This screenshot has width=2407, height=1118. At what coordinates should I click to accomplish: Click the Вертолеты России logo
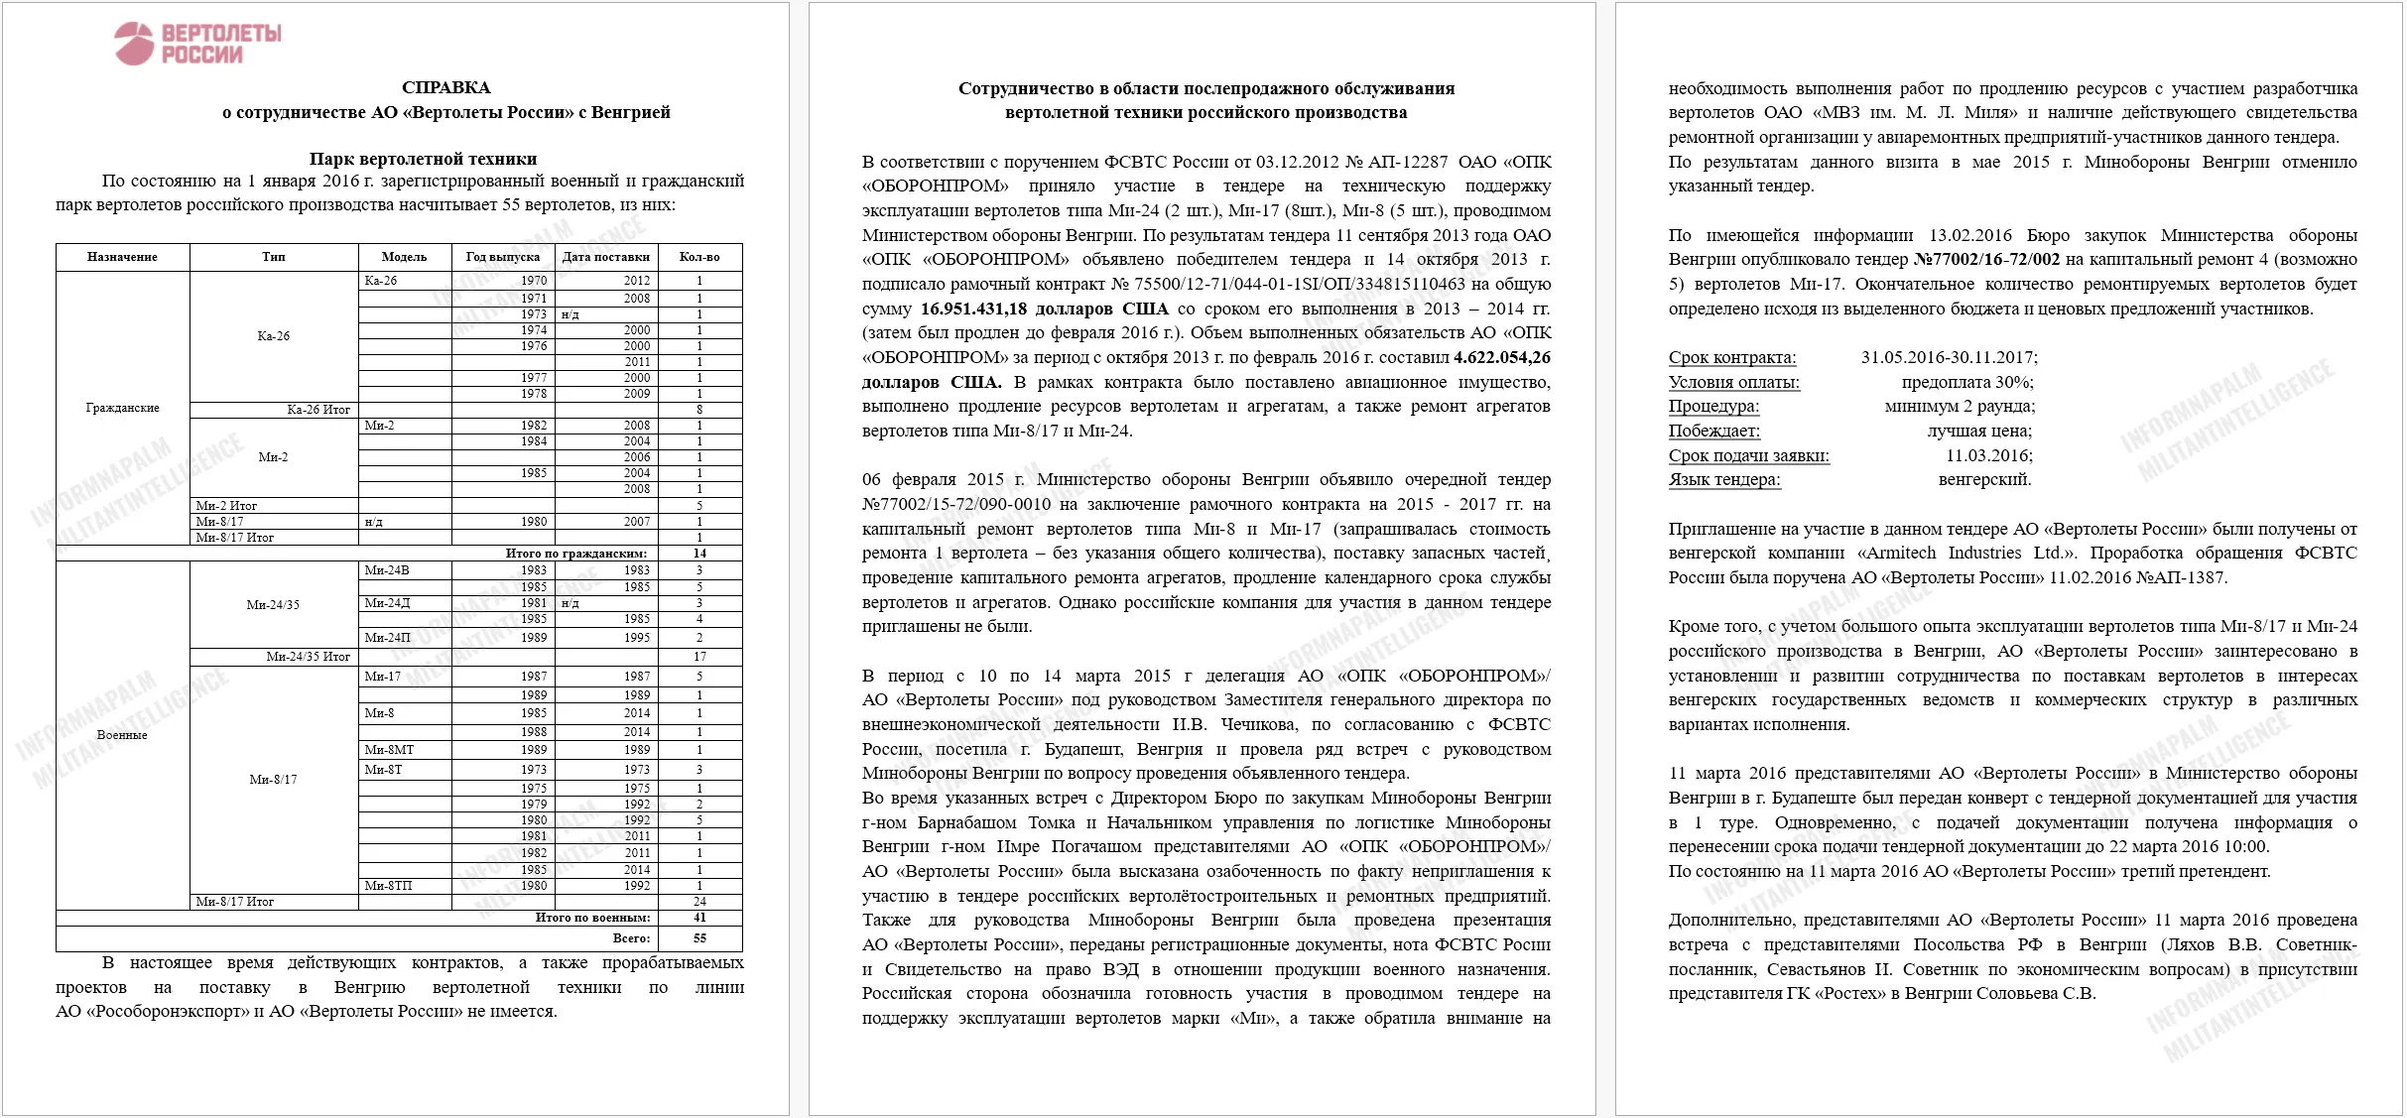point(198,44)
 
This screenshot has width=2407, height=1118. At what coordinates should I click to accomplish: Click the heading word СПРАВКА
point(445,87)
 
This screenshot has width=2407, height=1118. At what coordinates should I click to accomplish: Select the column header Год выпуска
point(502,257)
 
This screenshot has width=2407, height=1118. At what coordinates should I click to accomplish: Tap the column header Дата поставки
point(605,257)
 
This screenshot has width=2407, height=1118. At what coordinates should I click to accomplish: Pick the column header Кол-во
point(699,257)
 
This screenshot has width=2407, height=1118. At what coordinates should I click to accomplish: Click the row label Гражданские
point(122,408)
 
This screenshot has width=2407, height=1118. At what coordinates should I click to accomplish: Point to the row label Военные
point(122,735)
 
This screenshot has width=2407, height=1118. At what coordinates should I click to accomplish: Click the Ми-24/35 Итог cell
point(308,657)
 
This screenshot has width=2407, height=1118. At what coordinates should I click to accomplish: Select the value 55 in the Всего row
point(699,937)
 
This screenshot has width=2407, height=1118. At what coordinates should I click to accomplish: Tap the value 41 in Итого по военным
point(699,918)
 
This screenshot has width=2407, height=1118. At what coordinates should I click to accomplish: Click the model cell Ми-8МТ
point(389,750)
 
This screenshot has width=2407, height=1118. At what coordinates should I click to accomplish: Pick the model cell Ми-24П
point(387,638)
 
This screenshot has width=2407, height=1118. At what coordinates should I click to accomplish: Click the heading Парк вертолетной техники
point(423,159)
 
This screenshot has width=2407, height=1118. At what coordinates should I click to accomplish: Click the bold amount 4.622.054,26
point(1501,357)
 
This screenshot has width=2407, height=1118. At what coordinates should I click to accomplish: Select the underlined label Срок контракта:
point(1731,357)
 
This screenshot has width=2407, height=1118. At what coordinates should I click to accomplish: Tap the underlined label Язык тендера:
point(1724,480)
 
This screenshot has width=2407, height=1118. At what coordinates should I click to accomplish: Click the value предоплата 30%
point(1966,382)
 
